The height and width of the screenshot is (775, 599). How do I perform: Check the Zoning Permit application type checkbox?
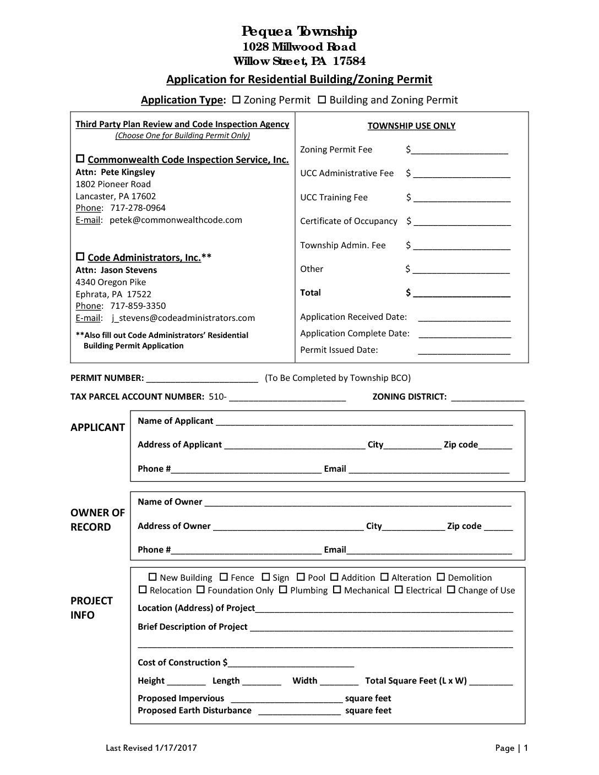(237, 100)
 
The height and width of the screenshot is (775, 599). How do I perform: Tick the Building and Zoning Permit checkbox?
(323, 100)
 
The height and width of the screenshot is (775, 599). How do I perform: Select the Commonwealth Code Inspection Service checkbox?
(80, 159)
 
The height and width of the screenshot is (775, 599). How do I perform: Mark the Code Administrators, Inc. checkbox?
(80, 257)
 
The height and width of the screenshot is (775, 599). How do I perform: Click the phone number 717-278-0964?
(138, 208)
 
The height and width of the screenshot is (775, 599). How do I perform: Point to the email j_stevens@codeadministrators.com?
(183, 318)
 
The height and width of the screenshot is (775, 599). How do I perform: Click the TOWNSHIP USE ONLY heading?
(411, 126)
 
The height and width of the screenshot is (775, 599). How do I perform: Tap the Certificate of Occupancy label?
(348, 221)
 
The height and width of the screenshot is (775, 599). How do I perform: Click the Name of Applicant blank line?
(364, 422)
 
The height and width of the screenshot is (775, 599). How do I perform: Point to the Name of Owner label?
(170, 502)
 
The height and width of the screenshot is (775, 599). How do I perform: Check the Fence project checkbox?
(224, 577)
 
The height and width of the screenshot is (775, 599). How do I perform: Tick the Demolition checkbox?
(441, 577)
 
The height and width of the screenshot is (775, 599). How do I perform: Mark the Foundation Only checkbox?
(201, 590)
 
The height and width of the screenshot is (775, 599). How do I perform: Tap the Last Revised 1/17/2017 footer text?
(151, 748)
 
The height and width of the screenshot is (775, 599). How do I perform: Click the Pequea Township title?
(299, 31)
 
